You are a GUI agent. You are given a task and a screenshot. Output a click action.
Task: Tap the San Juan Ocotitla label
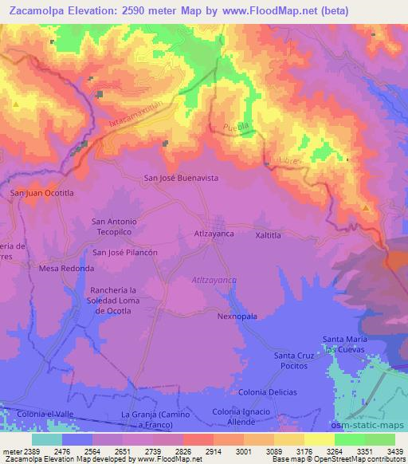41,193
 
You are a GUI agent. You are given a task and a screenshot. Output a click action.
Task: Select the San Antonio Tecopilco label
116,226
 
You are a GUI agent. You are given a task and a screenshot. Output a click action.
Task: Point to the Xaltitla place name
269,236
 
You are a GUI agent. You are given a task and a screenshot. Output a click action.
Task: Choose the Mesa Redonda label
66,269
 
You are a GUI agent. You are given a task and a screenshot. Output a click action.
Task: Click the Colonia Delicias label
268,392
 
